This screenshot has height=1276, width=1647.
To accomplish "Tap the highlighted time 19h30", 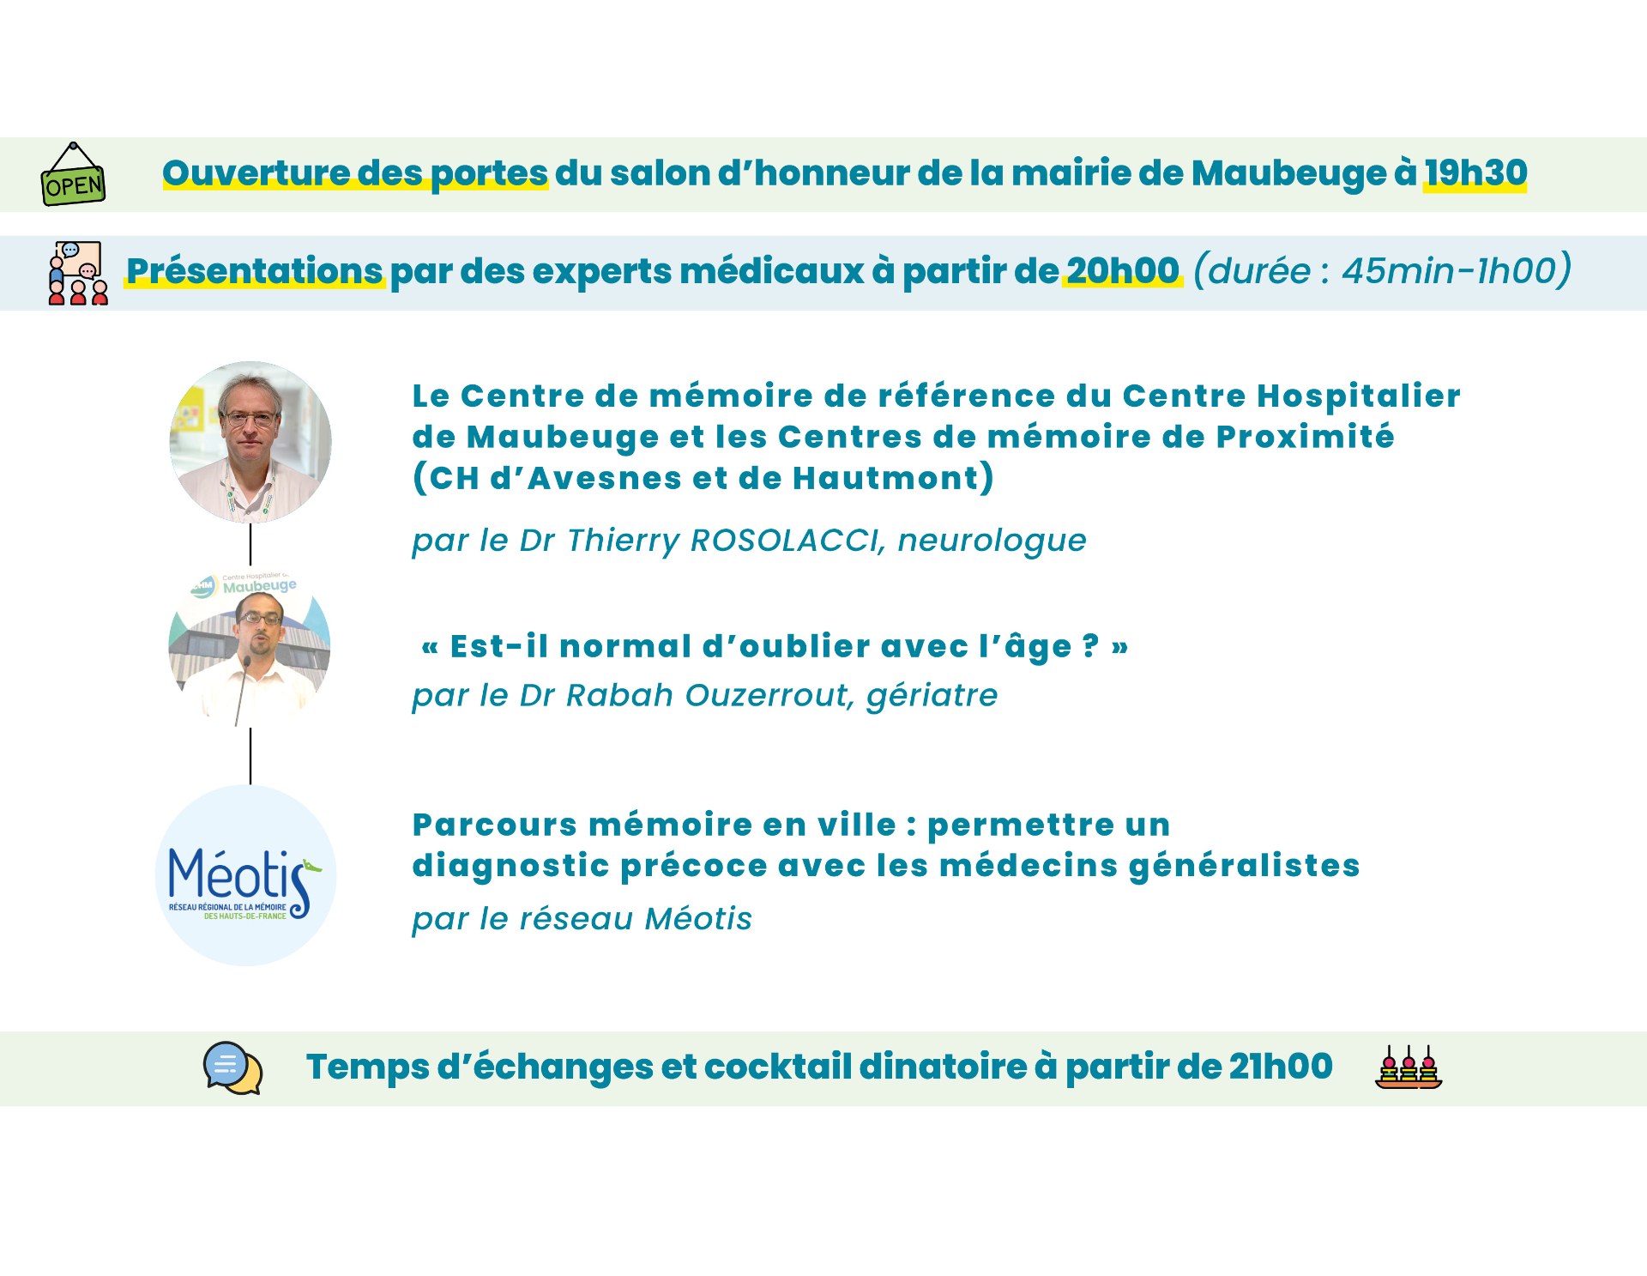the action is pyautogui.click(x=1475, y=172).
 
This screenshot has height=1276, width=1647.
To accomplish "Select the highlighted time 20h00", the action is pyautogui.click(x=1123, y=270).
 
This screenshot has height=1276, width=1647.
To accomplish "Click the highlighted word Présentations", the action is pyautogui.click(x=255, y=270).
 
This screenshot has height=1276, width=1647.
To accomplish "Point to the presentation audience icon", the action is pyautogui.click(x=78, y=273).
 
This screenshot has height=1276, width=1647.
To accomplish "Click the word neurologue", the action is pyautogui.click(x=992, y=541).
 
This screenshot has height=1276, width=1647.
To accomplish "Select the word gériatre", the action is pyautogui.click(x=932, y=695).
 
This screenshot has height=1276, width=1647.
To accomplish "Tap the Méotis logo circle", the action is pyautogui.click(x=246, y=875).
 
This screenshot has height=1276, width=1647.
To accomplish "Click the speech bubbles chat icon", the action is pyautogui.click(x=232, y=1067).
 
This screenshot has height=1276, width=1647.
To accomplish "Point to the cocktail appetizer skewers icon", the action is pyautogui.click(x=1409, y=1067).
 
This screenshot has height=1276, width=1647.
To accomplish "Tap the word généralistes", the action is pyautogui.click(x=1244, y=866).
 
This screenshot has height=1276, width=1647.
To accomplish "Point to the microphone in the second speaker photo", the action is pyautogui.click(x=242, y=690).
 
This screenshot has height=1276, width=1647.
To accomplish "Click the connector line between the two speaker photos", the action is pyautogui.click(x=250, y=544).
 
